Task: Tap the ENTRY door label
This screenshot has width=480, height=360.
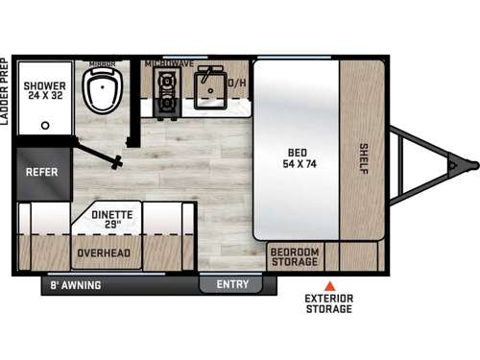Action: [231, 284]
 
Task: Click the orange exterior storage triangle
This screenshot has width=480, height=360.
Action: [328, 286]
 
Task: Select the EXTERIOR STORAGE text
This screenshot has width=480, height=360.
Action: [329, 303]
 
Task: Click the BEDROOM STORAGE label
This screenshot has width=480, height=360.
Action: [295, 256]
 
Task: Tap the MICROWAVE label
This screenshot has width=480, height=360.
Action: [170, 63]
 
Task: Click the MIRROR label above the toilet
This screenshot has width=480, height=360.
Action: [102, 62]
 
